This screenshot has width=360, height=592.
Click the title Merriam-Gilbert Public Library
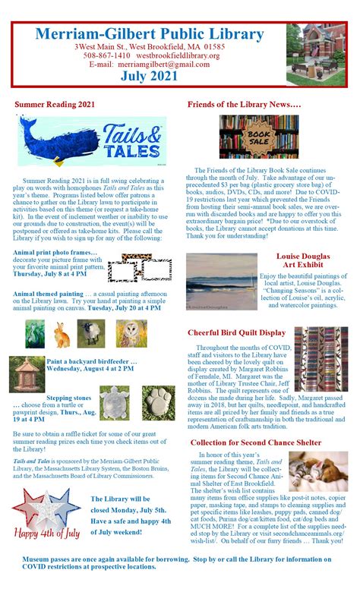[x=149, y=33]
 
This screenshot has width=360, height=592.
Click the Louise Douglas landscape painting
[x=222, y=282]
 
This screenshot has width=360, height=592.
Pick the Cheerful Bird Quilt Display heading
[x=236, y=332]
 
